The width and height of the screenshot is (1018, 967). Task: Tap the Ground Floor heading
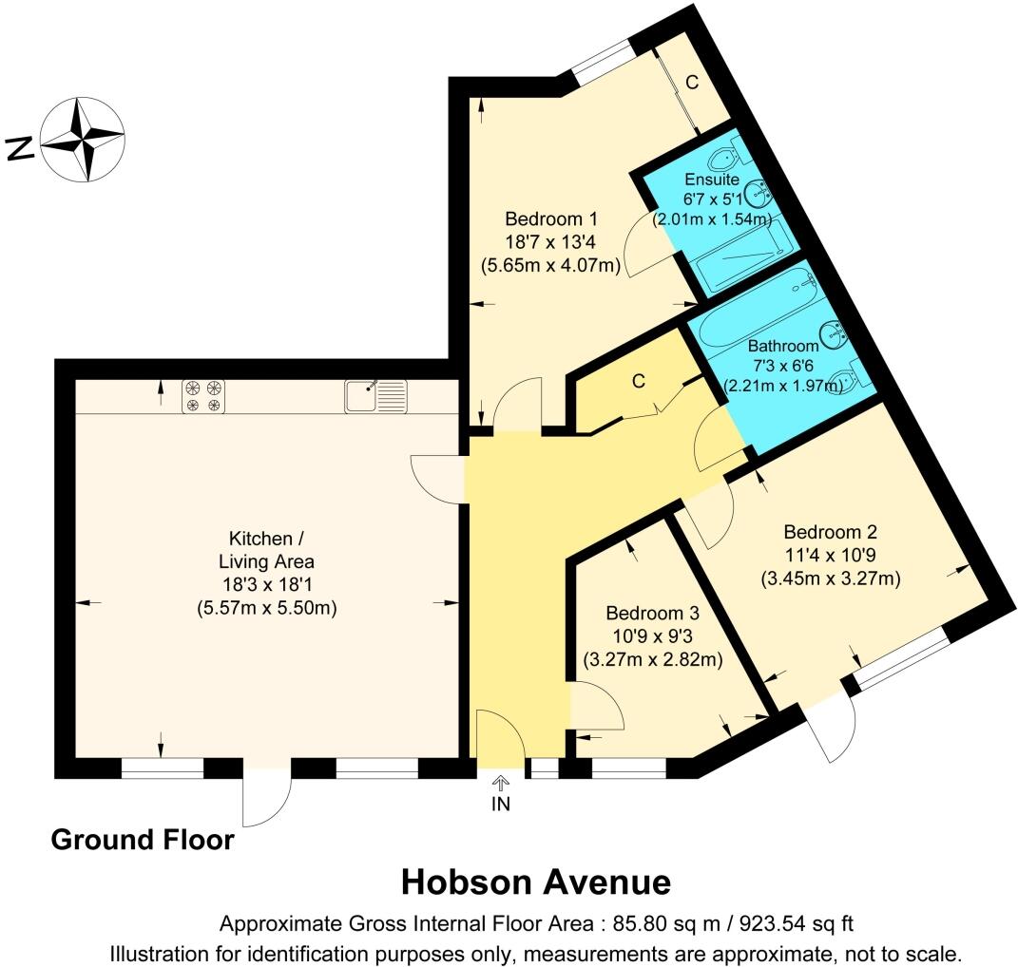pyautogui.click(x=143, y=840)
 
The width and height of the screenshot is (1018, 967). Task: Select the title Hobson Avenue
pyautogui.click(x=535, y=882)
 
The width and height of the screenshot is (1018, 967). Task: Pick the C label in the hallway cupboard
pyautogui.click(x=639, y=382)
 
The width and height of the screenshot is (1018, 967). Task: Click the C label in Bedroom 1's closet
pyautogui.click(x=692, y=83)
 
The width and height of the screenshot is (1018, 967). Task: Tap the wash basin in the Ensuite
pyautogui.click(x=759, y=194)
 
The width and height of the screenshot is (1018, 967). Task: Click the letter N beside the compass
pyautogui.click(x=20, y=147)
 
